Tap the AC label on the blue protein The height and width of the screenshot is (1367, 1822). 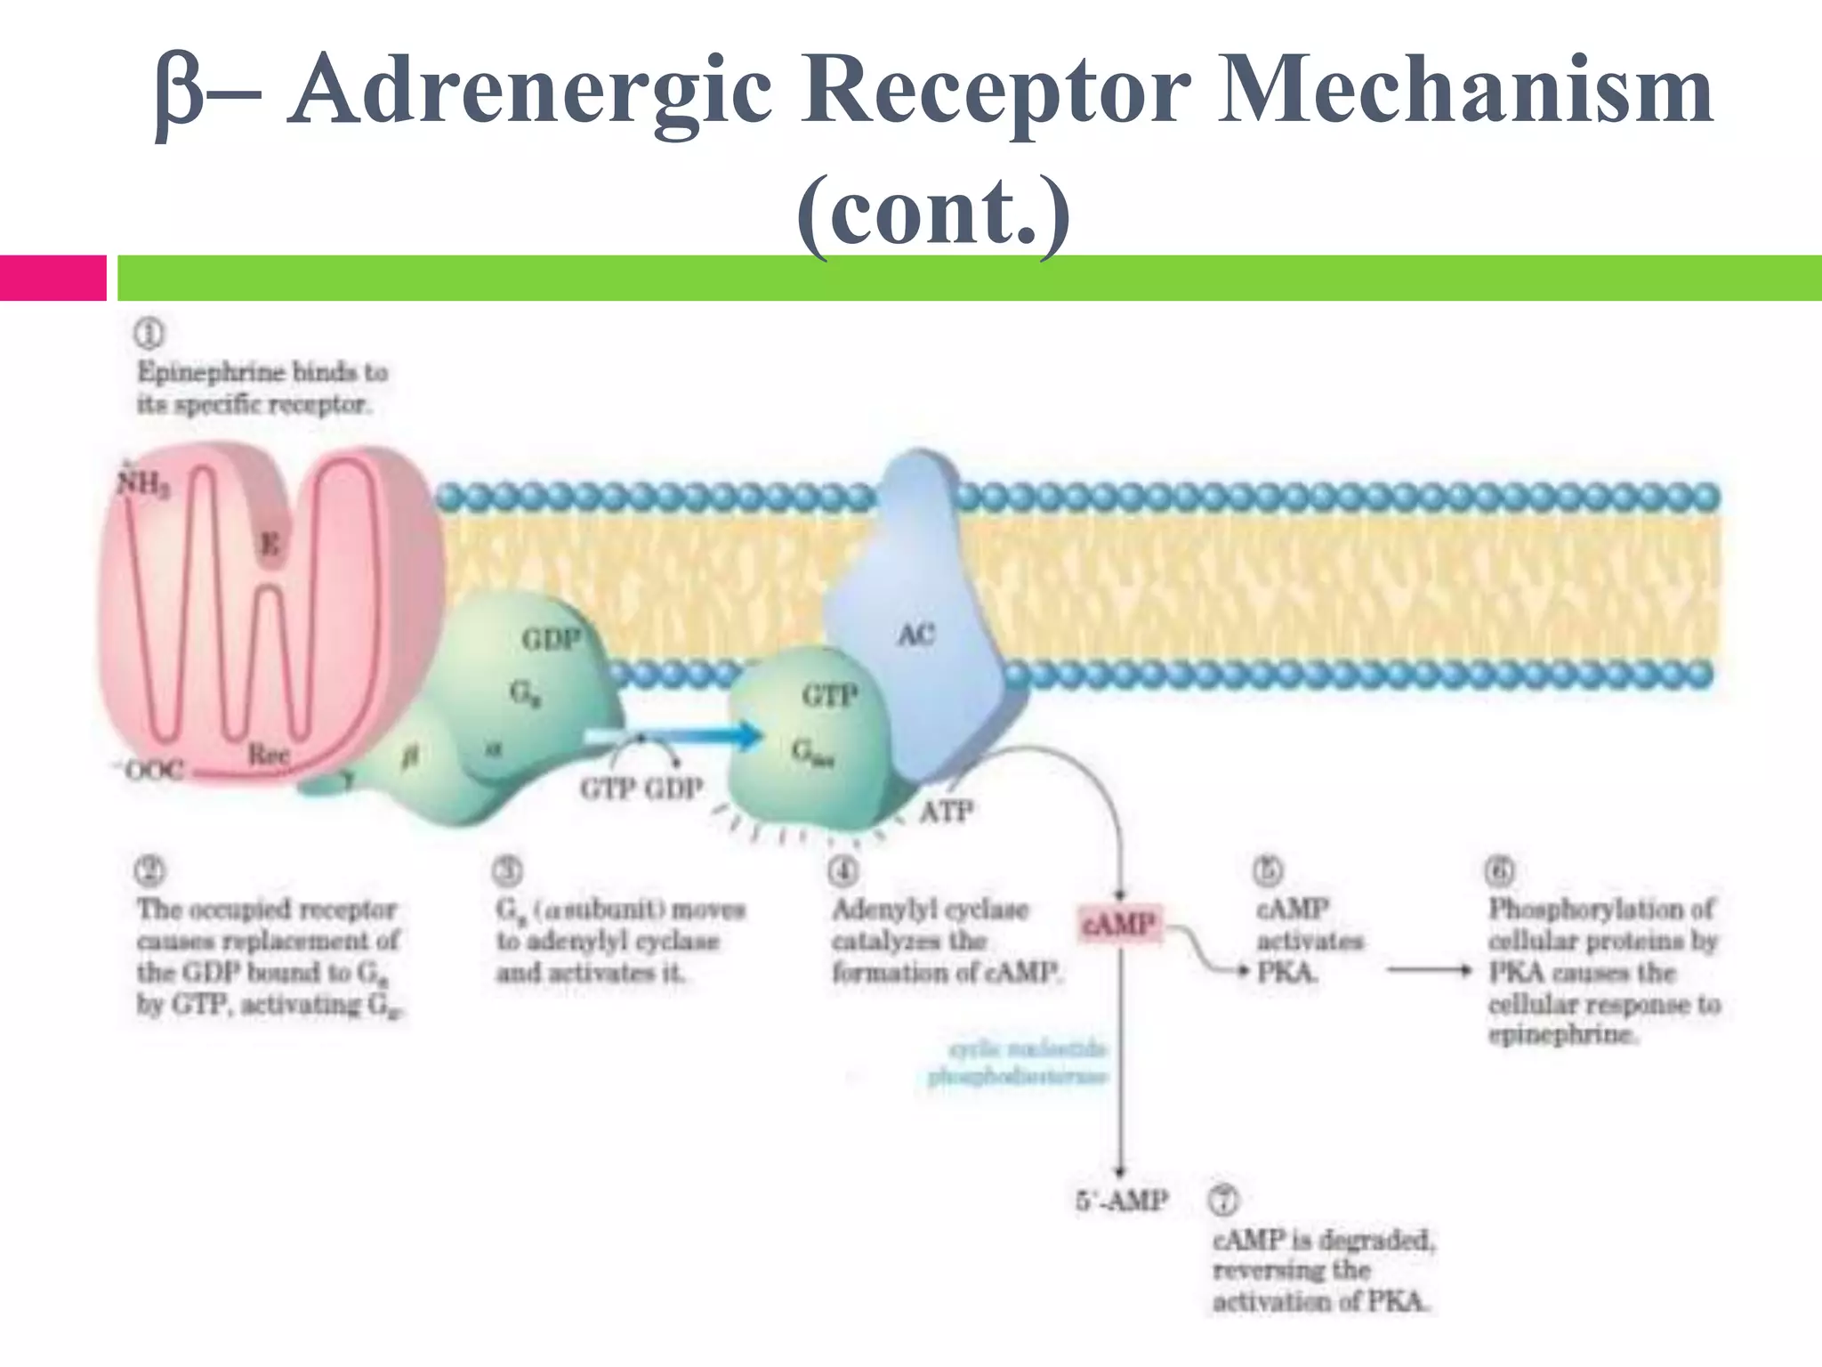(x=916, y=635)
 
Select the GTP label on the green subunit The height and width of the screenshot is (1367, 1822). (x=829, y=695)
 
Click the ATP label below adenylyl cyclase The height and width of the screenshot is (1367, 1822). (x=946, y=812)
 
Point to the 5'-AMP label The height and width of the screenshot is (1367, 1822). (x=1121, y=1201)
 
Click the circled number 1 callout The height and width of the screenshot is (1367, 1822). (x=149, y=334)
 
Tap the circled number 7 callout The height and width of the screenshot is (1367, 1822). (x=1222, y=1201)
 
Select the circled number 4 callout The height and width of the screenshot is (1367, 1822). (x=842, y=871)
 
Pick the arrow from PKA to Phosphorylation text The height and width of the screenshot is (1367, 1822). (x=1429, y=971)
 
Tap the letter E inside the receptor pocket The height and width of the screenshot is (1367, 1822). (x=270, y=543)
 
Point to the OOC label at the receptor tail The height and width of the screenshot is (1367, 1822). (x=153, y=769)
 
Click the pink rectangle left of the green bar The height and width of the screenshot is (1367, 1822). (x=52, y=278)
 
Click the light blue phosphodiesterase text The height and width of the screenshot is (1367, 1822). (x=1018, y=1064)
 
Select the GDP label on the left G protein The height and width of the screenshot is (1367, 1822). (x=551, y=639)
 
